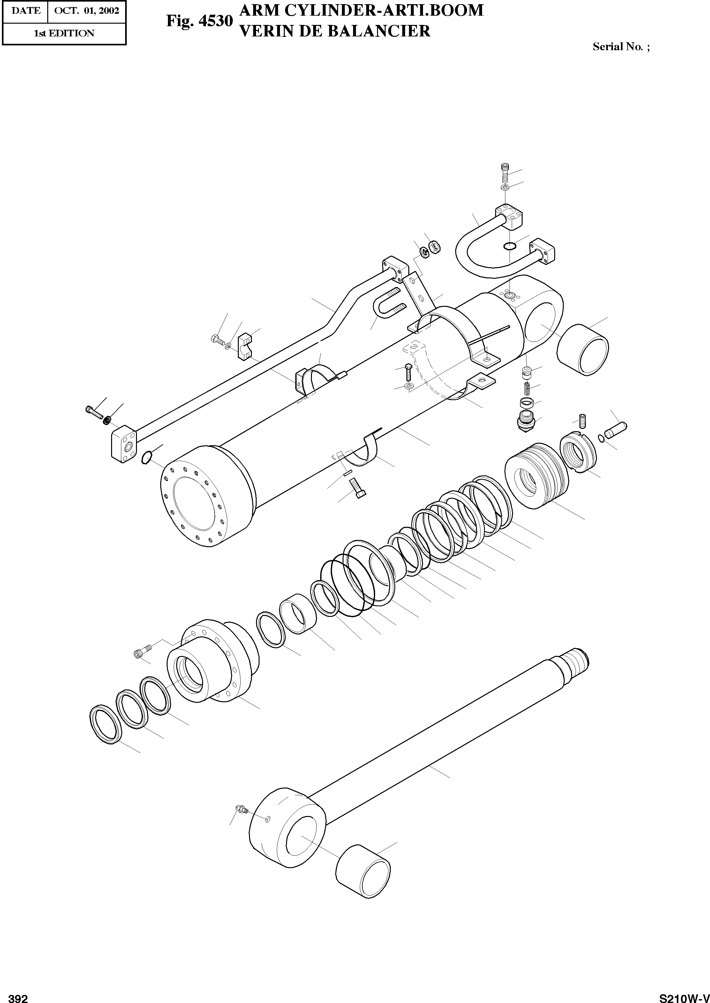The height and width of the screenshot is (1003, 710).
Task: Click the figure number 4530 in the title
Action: (x=215, y=21)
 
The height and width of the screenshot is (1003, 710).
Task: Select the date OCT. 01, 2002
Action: (x=87, y=11)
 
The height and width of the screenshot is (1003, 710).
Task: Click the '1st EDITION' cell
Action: (x=64, y=33)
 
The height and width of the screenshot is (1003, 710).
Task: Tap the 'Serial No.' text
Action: (x=617, y=47)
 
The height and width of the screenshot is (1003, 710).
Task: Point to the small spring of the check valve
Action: (x=527, y=388)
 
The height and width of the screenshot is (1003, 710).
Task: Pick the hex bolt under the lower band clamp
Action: (x=357, y=488)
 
